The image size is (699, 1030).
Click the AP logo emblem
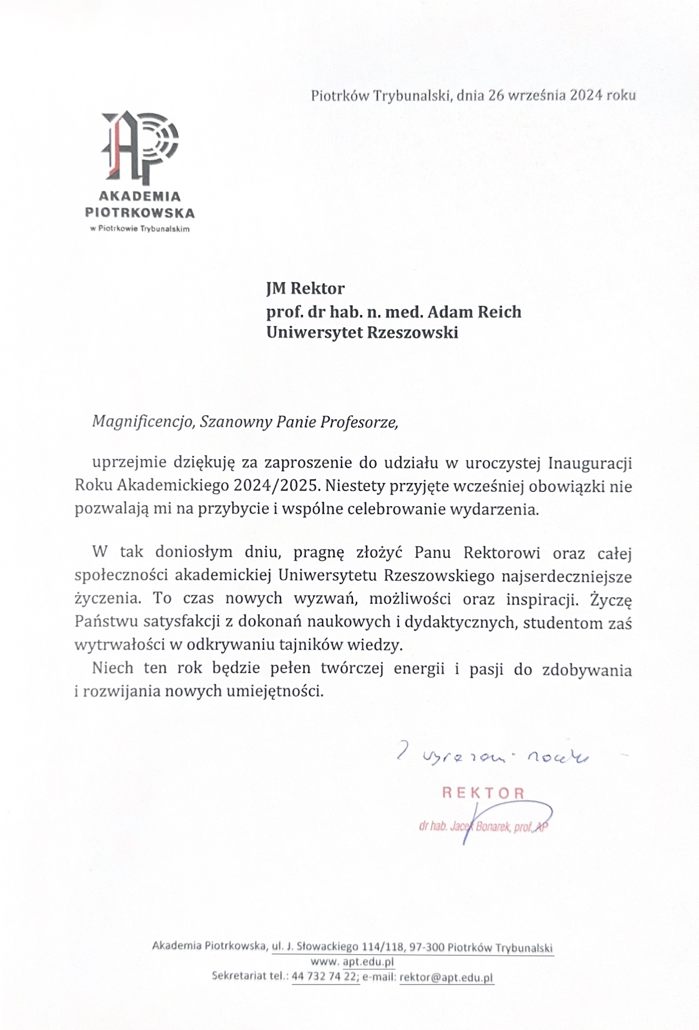140,147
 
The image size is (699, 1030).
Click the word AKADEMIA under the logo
140,197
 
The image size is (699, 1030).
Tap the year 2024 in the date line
586,95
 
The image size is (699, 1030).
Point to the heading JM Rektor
305,288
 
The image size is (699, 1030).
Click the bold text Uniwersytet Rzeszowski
362,333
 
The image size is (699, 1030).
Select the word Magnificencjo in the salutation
142,423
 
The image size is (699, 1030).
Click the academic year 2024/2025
276,486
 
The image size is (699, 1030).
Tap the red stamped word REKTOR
483,793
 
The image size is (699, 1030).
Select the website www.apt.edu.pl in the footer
352,962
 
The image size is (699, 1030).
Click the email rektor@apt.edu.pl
447,977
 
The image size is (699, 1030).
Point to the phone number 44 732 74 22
325,977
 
